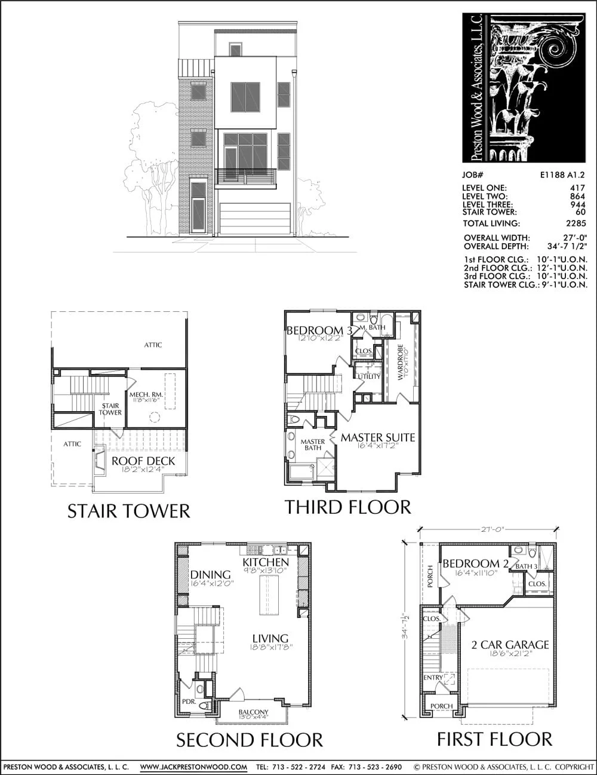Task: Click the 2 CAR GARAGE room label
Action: pyautogui.click(x=510, y=645)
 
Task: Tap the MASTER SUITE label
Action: pyautogui.click(x=377, y=437)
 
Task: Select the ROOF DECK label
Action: pyautogui.click(x=143, y=461)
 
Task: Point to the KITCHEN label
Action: pyautogui.click(x=266, y=562)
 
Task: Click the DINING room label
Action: pyautogui.click(x=210, y=575)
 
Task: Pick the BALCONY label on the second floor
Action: pyautogui.click(x=253, y=712)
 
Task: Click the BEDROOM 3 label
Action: pyautogui.click(x=319, y=330)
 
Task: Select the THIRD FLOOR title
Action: pyautogui.click(x=347, y=507)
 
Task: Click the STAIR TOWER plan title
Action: pyautogui.click(x=128, y=511)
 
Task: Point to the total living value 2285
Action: pyautogui.click(x=576, y=223)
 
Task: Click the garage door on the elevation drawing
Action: pyautogui.click(x=255, y=218)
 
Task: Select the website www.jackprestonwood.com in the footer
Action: pyautogui.click(x=193, y=767)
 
